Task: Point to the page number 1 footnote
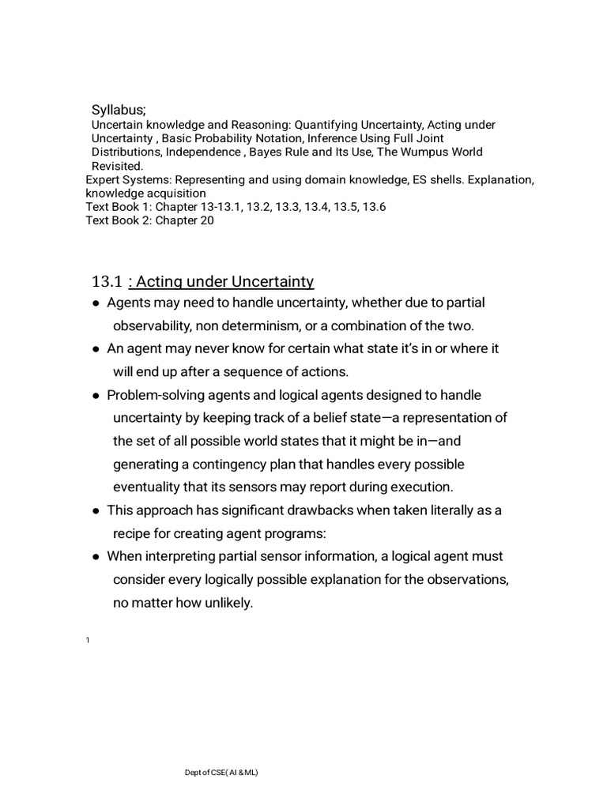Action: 88,640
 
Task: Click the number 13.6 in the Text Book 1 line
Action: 374,207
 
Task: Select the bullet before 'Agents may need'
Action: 96,303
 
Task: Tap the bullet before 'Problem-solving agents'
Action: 96,396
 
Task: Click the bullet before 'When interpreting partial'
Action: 96,557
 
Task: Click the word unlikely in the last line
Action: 227,603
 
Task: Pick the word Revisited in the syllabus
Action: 117,166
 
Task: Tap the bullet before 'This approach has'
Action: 96,511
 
